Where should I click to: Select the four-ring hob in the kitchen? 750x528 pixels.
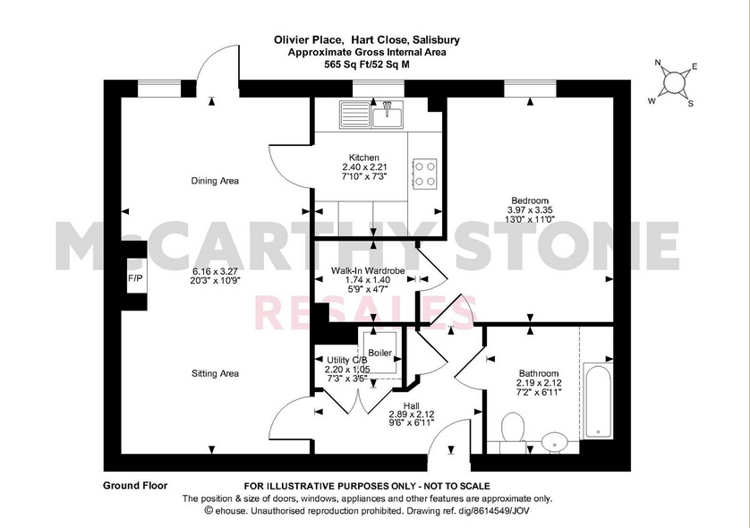coord(424,173)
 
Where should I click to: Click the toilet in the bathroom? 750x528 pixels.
coord(513,429)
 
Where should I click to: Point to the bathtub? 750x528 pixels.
coord(597,404)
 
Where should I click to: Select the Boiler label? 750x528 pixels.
coord(379,353)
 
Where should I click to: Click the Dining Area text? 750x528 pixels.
coord(215,181)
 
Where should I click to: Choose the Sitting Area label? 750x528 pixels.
coord(215,373)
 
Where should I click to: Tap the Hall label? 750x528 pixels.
coord(411,405)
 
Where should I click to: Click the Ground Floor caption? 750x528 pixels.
coord(135,485)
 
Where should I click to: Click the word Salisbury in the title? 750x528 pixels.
coord(438,40)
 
